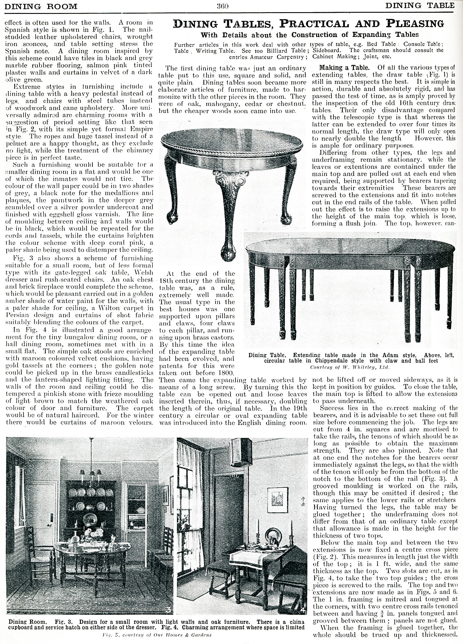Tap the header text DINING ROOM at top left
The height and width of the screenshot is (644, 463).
tap(41, 6)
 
